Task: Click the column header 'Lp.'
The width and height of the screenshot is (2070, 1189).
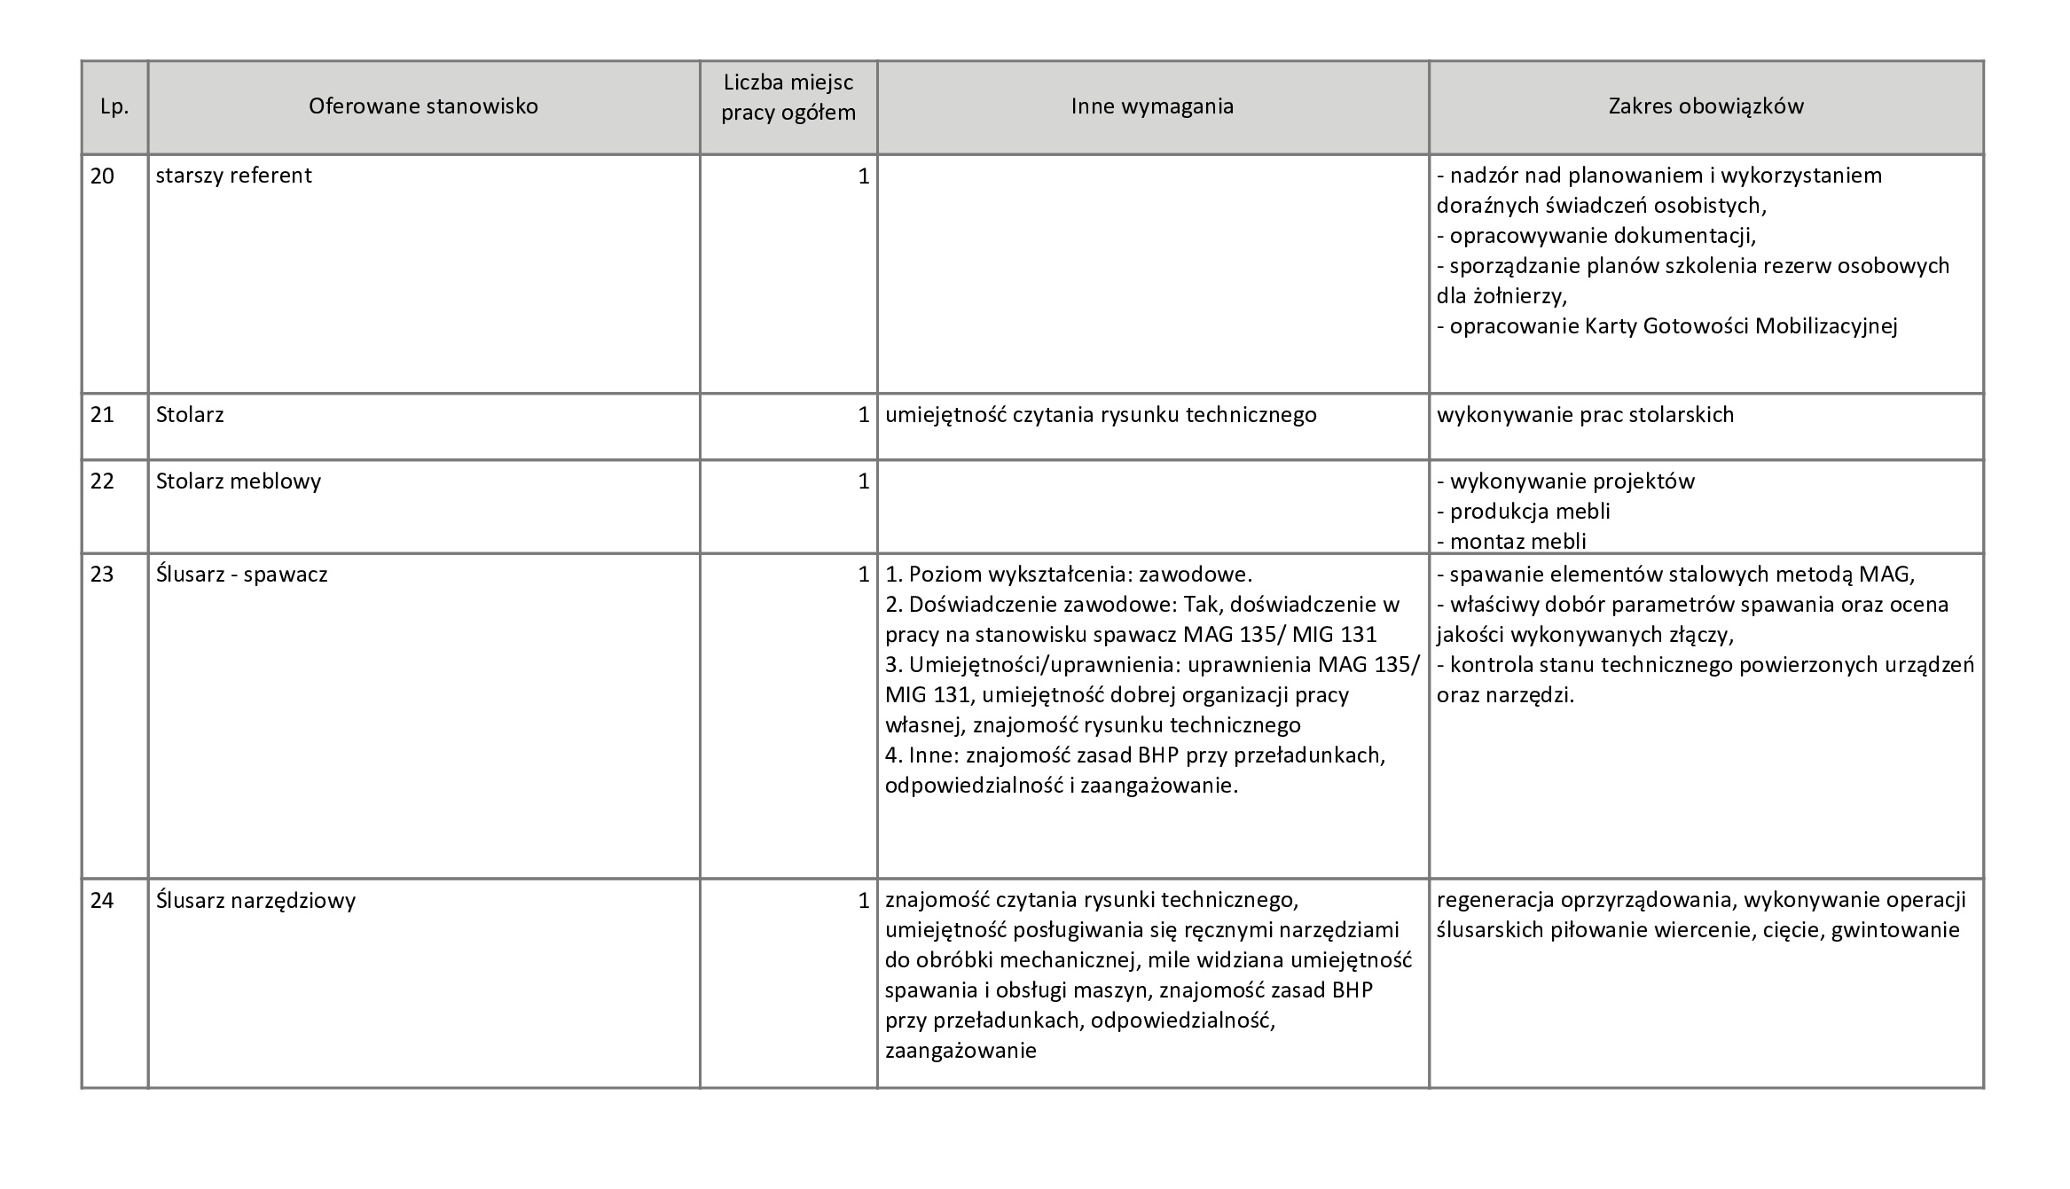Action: click(114, 107)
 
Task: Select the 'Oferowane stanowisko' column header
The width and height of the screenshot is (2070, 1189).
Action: click(423, 106)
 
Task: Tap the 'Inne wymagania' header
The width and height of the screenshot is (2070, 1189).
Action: click(1152, 106)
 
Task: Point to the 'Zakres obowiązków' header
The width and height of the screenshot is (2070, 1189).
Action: click(1705, 106)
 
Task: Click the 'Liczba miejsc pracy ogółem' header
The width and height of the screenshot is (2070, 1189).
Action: click(788, 98)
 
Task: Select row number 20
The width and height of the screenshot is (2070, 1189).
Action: click(103, 176)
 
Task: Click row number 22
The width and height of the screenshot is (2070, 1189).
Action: click(103, 481)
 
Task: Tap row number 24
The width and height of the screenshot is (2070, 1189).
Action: click(103, 901)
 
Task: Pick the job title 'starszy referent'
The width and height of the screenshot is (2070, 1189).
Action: click(233, 176)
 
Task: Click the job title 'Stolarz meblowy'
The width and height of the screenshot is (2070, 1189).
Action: click(239, 481)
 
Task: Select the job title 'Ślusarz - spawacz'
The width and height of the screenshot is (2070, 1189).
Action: click(241, 575)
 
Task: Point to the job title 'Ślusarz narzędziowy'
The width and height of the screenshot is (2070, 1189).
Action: click(255, 901)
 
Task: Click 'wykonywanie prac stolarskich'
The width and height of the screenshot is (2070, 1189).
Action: click(1585, 415)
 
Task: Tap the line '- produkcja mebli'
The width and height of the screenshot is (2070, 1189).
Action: click(1523, 512)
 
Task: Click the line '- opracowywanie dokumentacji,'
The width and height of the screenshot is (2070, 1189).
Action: click(1596, 236)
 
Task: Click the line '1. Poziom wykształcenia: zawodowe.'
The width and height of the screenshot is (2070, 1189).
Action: click(1069, 575)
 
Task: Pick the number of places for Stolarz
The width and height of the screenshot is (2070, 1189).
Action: click(863, 415)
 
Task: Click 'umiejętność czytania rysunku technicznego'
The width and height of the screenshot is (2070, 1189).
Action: click(1101, 415)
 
